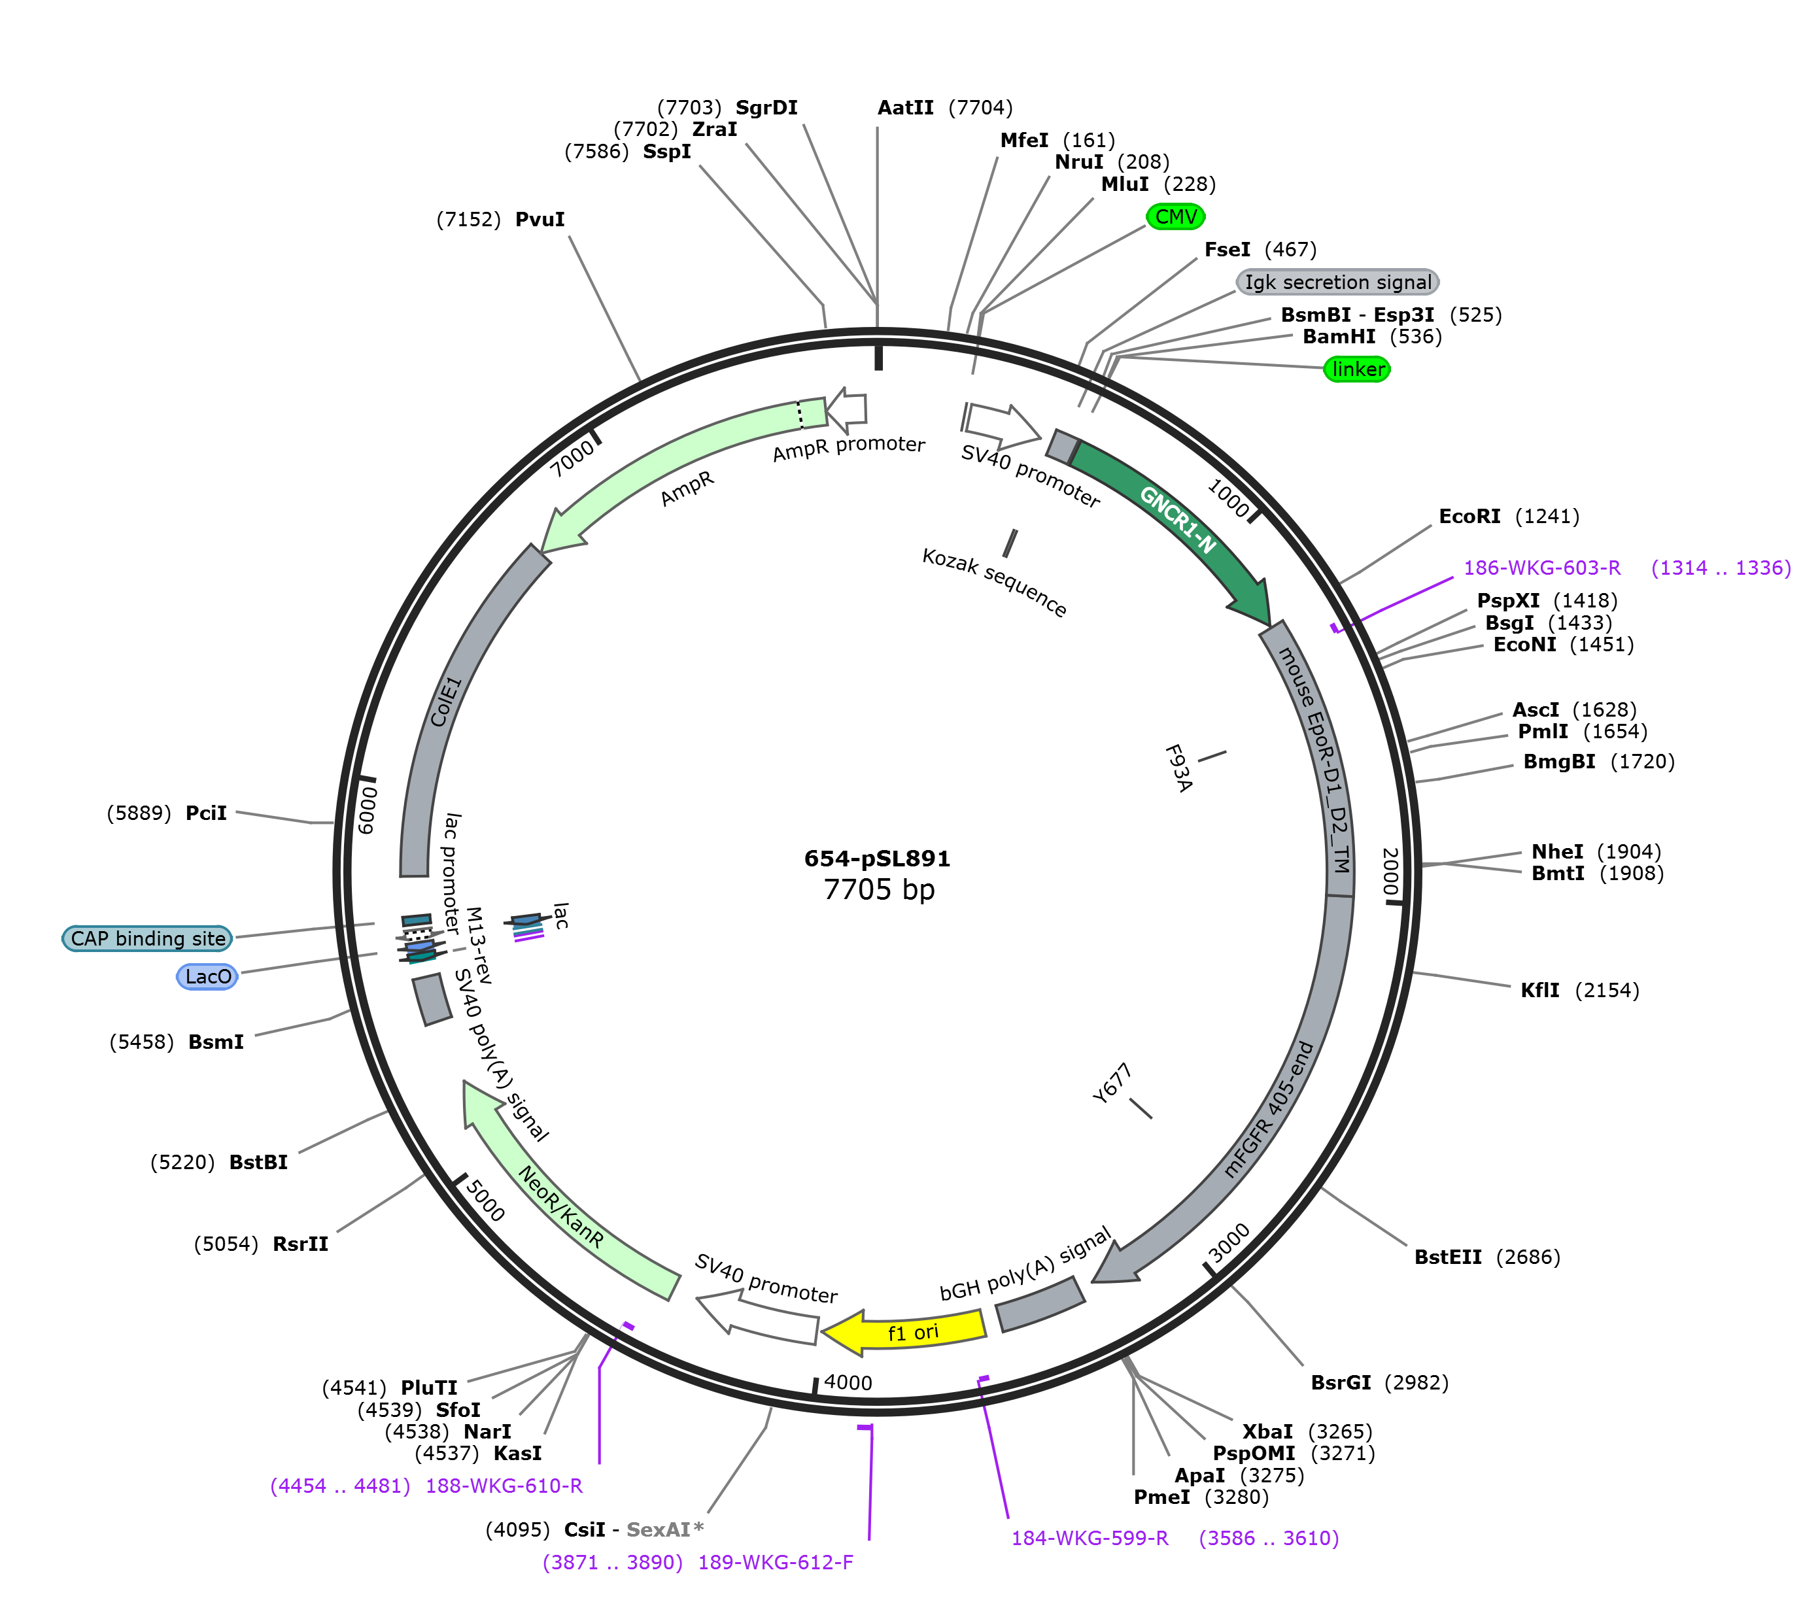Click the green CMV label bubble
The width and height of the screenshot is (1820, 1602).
[1175, 216]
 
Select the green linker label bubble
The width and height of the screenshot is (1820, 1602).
[1357, 369]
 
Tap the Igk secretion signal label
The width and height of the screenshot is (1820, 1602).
[1337, 282]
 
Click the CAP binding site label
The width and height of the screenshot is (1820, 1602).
[147, 938]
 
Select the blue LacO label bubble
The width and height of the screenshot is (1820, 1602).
[207, 977]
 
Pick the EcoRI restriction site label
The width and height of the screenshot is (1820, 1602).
[1469, 517]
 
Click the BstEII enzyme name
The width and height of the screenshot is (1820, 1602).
[1448, 1257]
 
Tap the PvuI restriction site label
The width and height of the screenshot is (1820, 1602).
[540, 219]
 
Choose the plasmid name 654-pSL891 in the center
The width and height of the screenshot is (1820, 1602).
[877, 859]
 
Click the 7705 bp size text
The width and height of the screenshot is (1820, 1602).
[879, 890]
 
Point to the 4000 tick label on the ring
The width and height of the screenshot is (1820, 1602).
[848, 1382]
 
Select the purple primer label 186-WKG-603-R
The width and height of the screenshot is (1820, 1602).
[1542, 568]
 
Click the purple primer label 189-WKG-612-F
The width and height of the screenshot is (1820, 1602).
[776, 1562]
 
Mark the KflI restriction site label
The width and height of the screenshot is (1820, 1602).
[1540, 990]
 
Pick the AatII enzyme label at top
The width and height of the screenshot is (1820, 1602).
[906, 108]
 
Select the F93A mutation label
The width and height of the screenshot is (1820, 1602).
[1178, 768]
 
